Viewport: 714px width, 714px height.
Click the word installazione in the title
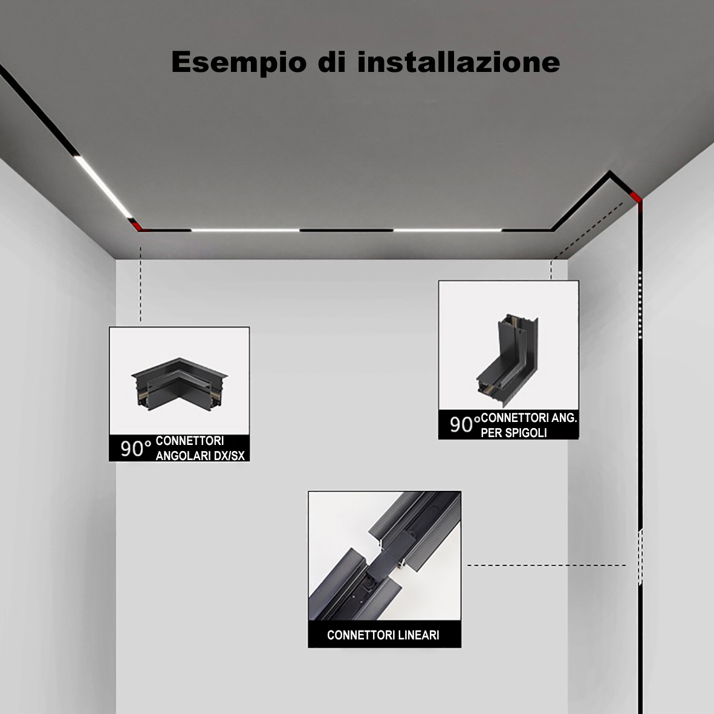458,62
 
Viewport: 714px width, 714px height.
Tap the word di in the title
331,62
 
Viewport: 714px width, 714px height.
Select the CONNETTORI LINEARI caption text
383,635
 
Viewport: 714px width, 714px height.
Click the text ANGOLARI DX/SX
200,455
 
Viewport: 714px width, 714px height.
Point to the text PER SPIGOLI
514,433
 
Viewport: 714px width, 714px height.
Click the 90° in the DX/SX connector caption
135,449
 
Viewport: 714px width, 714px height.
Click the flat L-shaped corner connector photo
180,383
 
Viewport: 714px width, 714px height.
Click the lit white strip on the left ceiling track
103,187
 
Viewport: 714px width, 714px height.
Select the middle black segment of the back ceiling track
346,230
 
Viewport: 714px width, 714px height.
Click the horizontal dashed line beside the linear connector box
547,565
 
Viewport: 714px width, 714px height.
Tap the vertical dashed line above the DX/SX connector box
140,284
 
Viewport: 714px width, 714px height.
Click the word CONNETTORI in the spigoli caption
528,418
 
